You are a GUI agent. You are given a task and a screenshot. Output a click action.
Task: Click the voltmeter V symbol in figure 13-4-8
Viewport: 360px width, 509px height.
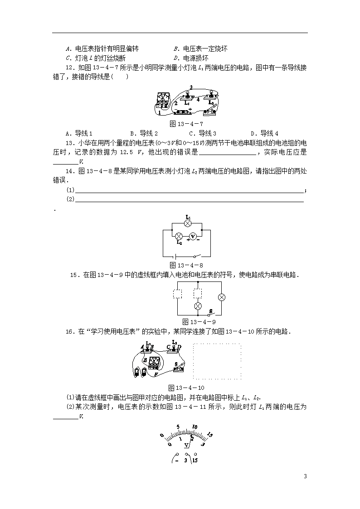pyautogui.click(x=193, y=237)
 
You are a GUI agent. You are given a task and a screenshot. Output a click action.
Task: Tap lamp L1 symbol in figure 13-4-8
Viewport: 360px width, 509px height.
pyautogui.click(x=187, y=223)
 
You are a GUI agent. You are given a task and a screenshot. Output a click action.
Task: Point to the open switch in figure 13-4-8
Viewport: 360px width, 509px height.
pyautogui.click(x=198, y=256)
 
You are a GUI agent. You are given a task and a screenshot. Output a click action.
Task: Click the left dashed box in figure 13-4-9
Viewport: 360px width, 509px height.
pyautogui.click(x=177, y=294)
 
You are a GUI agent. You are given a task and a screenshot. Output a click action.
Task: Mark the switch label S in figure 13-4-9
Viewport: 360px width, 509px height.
pyautogui.click(x=210, y=312)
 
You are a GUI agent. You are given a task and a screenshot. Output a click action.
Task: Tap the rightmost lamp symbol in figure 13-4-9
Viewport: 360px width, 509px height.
pyautogui.click(x=222, y=297)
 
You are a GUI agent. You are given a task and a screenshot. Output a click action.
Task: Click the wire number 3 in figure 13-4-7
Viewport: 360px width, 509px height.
pyautogui.click(x=191, y=87)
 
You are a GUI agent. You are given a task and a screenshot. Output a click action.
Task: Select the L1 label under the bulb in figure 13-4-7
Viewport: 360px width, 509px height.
pyautogui.click(x=187, y=102)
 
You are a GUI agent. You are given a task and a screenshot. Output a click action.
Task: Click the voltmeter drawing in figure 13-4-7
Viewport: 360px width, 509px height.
pyautogui.click(x=162, y=101)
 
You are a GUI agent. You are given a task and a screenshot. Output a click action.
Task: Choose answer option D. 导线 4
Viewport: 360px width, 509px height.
pyautogui.click(x=264, y=133)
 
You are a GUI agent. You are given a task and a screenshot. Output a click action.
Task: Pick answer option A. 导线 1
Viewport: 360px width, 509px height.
pyautogui.click(x=79, y=133)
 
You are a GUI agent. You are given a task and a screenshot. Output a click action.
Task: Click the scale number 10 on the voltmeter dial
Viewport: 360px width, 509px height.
pyautogui.click(x=195, y=427)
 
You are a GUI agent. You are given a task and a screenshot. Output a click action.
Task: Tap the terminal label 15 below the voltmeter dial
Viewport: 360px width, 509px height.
pyautogui.click(x=195, y=461)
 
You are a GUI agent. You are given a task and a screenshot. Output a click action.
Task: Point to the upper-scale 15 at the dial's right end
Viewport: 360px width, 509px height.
pyautogui.click(x=210, y=435)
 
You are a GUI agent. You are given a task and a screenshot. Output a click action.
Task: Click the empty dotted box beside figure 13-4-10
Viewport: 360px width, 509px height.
pyautogui.click(x=217, y=361)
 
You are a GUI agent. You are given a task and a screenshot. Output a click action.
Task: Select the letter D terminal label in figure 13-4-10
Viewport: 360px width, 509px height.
pyautogui.click(x=179, y=347)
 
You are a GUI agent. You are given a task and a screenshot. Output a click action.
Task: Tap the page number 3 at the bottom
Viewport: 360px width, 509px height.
pyautogui.click(x=305, y=476)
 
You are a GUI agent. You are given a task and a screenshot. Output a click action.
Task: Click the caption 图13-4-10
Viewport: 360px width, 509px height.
pyautogui.click(x=186, y=388)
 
